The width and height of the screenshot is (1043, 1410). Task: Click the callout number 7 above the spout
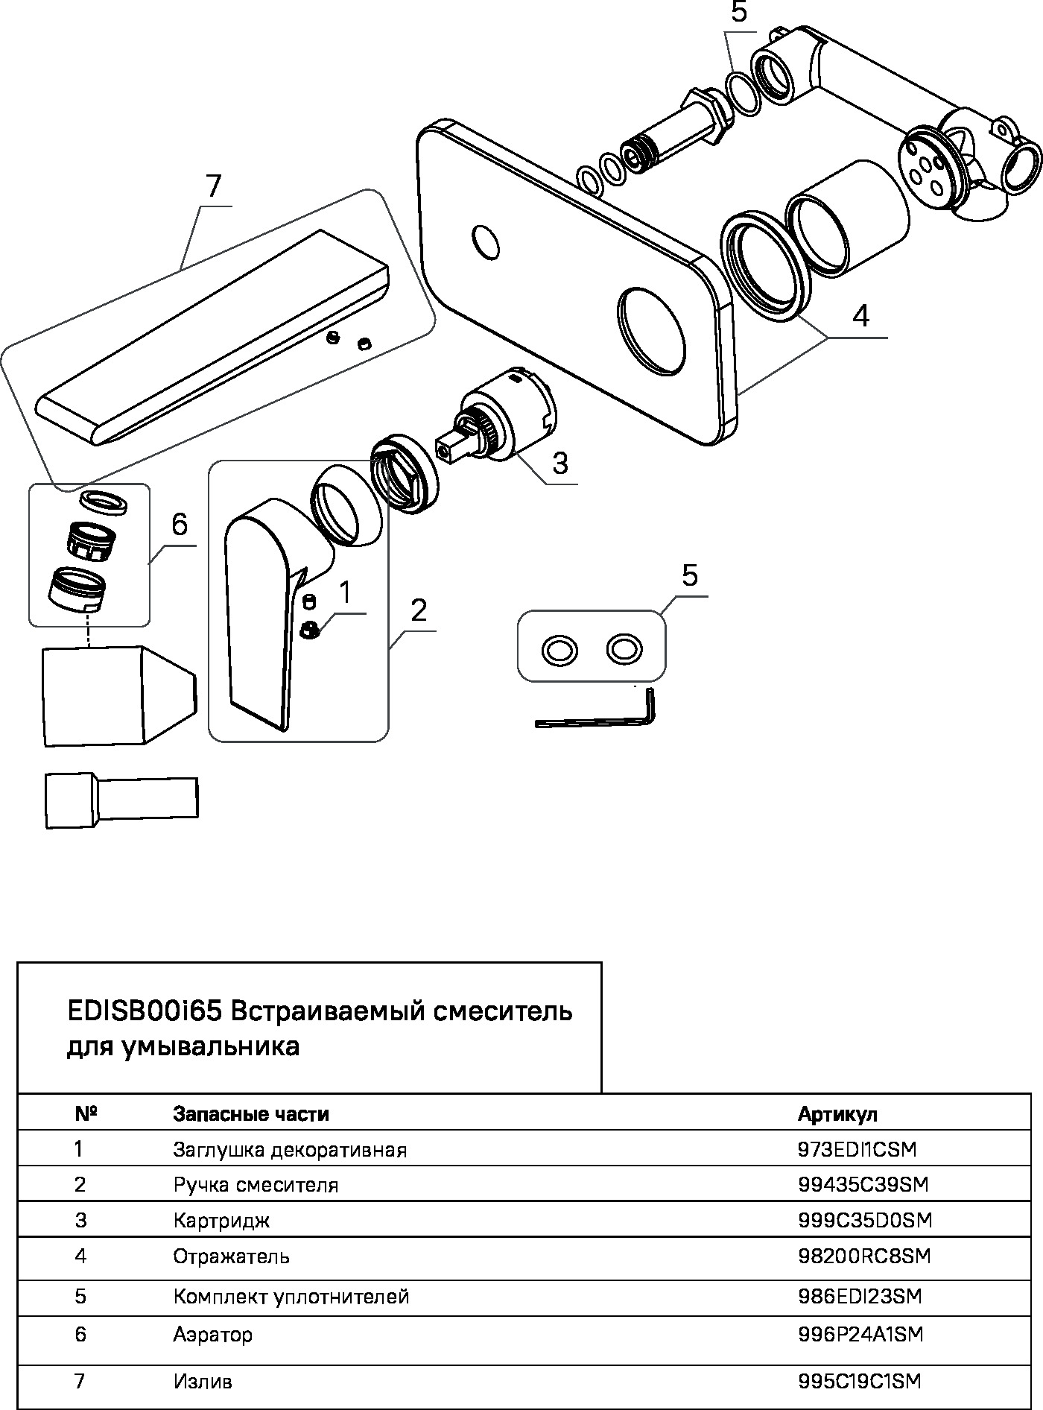214,186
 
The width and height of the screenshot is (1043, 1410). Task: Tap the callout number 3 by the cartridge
560,463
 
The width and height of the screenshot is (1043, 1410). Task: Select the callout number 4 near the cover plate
860,316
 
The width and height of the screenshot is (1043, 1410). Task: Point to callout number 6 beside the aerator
180,525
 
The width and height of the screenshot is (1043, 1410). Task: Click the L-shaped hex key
596,720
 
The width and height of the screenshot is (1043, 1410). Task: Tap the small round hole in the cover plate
486,241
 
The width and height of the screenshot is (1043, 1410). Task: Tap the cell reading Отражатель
231,1257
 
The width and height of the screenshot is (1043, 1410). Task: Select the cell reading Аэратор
213,1334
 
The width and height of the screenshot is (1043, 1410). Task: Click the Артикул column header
837,1114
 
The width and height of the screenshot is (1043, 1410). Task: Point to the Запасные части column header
251,1114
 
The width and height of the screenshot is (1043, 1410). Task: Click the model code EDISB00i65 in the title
145,1012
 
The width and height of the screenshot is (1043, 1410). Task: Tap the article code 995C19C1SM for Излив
859,1382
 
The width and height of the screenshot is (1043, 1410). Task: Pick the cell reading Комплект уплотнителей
291,1297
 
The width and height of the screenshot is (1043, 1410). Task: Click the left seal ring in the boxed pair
559,650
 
